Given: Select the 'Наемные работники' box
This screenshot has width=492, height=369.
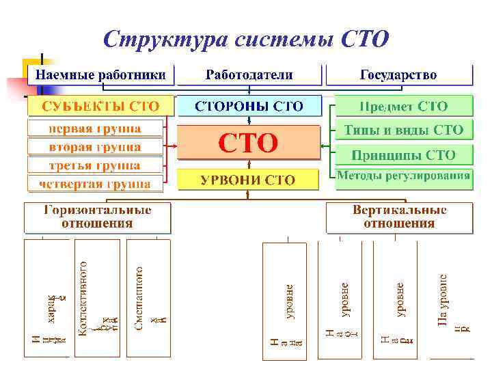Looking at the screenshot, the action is tap(100, 74).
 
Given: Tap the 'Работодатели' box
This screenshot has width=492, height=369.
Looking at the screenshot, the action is tap(249, 74).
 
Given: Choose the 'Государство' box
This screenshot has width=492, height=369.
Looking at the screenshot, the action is tap(398, 74).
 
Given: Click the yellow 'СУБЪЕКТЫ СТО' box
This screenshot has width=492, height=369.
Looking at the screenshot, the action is tap(100, 106).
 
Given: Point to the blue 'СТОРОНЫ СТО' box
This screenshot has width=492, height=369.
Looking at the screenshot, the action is tap(249, 106).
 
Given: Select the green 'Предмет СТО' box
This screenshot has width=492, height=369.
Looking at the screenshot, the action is tap(403, 106).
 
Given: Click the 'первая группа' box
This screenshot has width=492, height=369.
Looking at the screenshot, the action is tap(96, 128).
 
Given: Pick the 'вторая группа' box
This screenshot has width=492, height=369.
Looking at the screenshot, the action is tap(96, 147).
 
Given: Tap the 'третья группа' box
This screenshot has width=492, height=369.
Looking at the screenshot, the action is tap(96, 165).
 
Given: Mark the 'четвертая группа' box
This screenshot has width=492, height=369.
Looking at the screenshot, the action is tap(96, 184).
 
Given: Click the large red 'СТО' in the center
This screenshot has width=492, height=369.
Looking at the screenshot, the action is tap(248, 143).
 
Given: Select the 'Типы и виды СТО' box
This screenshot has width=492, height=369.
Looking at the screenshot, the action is tap(403, 129).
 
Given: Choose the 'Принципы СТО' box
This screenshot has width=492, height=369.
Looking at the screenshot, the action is tap(403, 154).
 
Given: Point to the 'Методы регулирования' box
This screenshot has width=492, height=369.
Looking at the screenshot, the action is tap(403, 176).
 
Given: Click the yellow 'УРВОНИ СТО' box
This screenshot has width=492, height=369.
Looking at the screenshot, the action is tap(248, 180).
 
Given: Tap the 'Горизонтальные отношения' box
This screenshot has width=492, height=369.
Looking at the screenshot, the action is tap(98, 217).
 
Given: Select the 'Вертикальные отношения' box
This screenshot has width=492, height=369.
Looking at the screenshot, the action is tap(399, 217).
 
